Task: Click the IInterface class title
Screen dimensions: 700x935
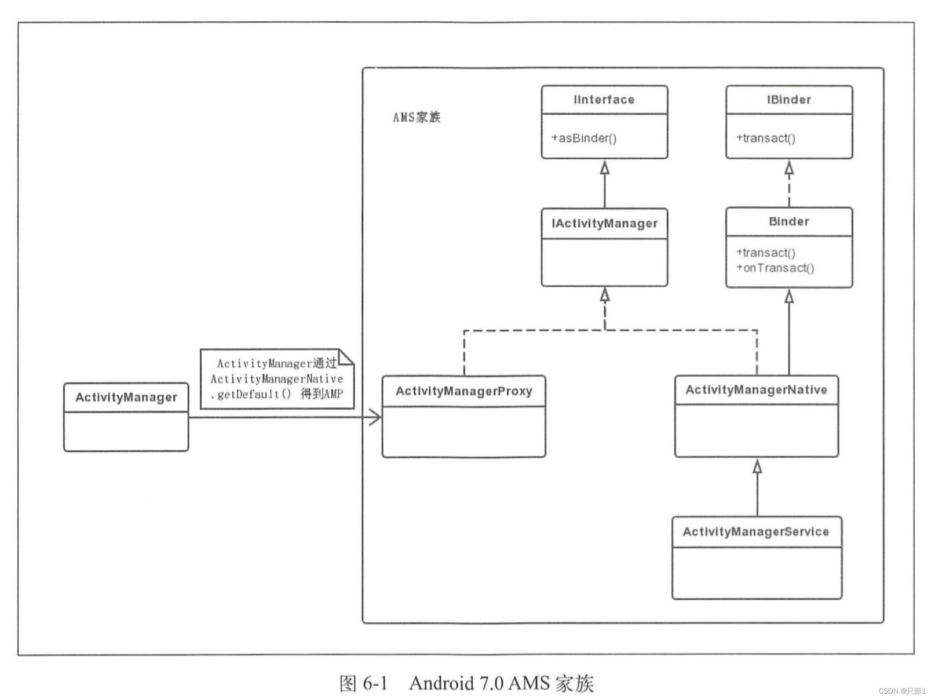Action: pos(604,100)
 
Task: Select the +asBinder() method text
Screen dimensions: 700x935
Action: pos(584,138)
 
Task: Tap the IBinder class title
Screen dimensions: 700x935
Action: pos(788,100)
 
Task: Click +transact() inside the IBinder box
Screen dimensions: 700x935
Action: pos(765,138)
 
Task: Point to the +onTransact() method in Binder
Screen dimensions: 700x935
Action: pos(775,268)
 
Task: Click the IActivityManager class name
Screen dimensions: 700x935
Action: pos(604,224)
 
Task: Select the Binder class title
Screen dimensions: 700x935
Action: pos(788,221)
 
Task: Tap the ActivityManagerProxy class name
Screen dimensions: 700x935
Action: pos(463,391)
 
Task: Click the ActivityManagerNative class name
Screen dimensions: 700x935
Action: pos(756,390)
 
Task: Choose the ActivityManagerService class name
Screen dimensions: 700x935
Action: pos(755,532)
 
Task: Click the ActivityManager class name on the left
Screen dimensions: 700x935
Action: pos(126,398)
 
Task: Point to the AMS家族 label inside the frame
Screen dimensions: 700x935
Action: pos(417,118)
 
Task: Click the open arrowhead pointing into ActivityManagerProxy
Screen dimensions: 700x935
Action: pos(376,417)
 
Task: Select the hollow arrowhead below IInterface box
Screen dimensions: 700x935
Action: pos(605,168)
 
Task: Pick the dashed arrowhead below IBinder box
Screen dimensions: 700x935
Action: pos(789,168)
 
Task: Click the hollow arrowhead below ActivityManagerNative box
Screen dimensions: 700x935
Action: pos(757,466)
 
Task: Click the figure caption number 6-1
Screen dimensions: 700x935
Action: pos(375,683)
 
